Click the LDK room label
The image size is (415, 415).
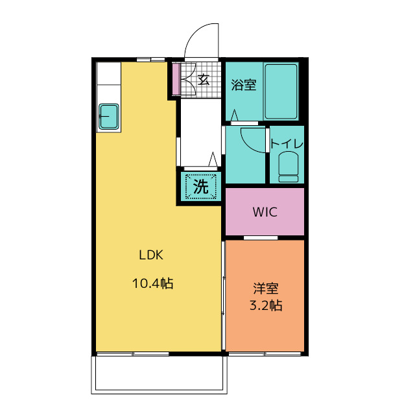coord(151,255)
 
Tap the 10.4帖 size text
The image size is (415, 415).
coord(153,283)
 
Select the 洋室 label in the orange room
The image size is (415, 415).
coord(266,289)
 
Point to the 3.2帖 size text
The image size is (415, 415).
coord(266,305)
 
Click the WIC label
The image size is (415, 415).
coord(265,212)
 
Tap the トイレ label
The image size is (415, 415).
coord(287,144)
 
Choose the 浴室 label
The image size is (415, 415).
coord(244,85)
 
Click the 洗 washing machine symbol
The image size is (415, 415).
coord(201,187)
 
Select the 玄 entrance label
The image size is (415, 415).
coord(204,79)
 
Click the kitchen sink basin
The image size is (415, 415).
coord(109,117)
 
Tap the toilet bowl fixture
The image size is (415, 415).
coord(288,167)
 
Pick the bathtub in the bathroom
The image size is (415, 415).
coord(281,91)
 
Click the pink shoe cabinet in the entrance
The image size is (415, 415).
coord(176,78)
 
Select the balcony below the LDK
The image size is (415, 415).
coord(159,374)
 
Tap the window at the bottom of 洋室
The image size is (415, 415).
coord(265,354)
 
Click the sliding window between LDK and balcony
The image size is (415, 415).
coord(132,354)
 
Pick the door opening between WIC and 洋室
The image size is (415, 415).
coord(261,238)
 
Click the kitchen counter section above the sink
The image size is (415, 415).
coord(109,73)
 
